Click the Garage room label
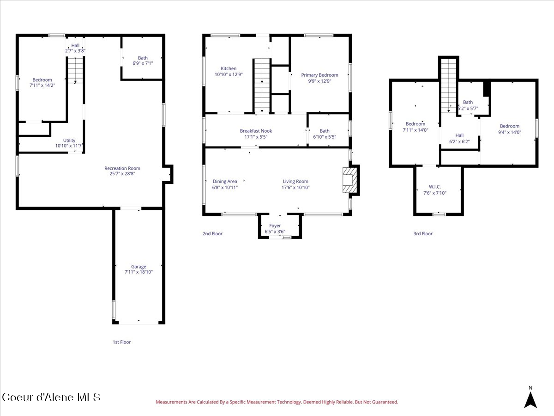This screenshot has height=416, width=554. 138,267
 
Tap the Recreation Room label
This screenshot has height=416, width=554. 122,168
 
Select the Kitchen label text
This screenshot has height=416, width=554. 229,68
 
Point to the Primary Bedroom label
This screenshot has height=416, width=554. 319,75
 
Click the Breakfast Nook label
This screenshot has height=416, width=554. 256,131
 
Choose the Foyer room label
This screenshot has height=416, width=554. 275,226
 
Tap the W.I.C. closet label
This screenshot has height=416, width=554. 434,187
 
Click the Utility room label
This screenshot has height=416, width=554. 69,141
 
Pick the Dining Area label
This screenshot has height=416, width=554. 225,181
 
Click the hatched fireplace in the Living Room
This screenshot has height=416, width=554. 350,180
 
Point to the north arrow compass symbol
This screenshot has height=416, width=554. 530,399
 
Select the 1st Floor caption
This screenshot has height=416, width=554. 122,342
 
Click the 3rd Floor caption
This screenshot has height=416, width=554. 423,233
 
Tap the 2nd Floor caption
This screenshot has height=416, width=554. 212,233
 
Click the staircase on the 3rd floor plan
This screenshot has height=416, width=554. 448,86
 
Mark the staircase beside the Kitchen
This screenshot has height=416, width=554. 262,86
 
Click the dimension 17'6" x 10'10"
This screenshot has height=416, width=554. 295,187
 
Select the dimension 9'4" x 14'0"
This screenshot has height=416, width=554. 510,132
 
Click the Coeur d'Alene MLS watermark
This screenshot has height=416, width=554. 51,398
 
